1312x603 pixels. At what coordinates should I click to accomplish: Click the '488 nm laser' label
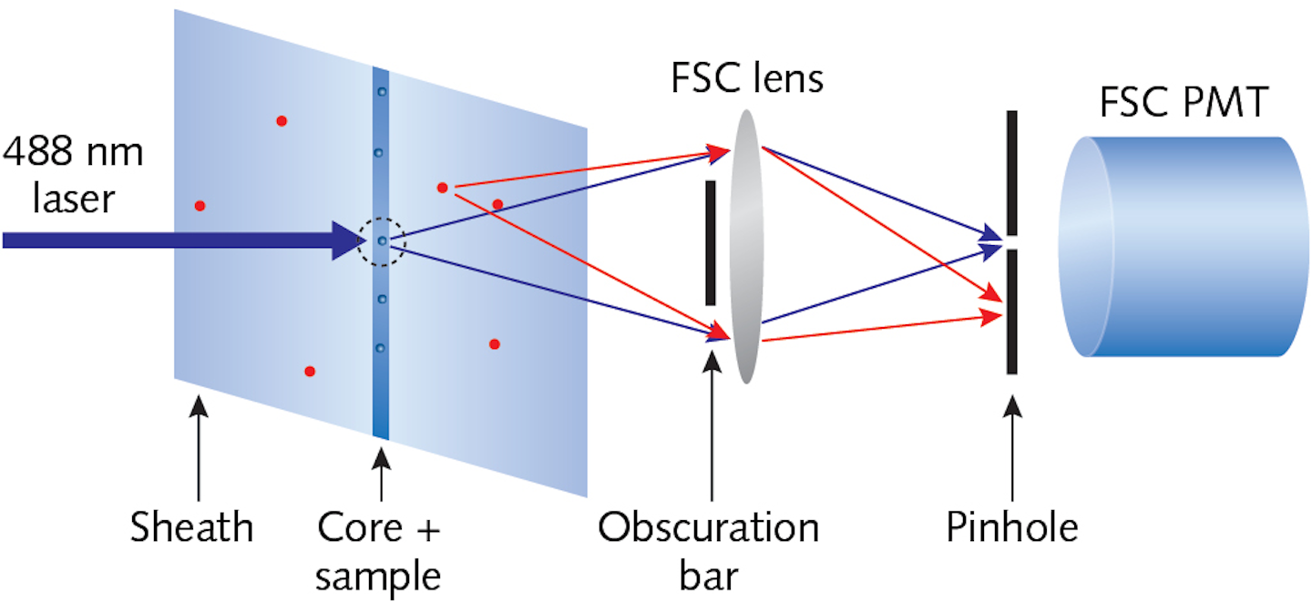click(73, 175)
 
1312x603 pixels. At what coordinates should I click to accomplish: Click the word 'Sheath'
click(191, 526)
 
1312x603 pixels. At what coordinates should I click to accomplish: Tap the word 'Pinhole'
click(1011, 526)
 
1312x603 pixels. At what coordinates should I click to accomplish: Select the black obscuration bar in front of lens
click(711, 242)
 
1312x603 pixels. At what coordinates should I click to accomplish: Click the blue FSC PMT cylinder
click(1184, 246)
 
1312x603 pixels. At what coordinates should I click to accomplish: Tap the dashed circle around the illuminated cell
click(380, 242)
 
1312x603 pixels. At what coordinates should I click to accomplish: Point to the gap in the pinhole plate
click(1011, 244)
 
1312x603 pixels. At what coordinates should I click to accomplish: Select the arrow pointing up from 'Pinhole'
click(1011, 446)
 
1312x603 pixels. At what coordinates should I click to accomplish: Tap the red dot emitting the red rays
click(442, 188)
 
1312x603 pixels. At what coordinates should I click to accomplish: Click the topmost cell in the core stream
click(381, 91)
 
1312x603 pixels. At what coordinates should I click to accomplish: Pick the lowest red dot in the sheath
click(310, 371)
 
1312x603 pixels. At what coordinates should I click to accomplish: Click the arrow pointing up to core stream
click(380, 474)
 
